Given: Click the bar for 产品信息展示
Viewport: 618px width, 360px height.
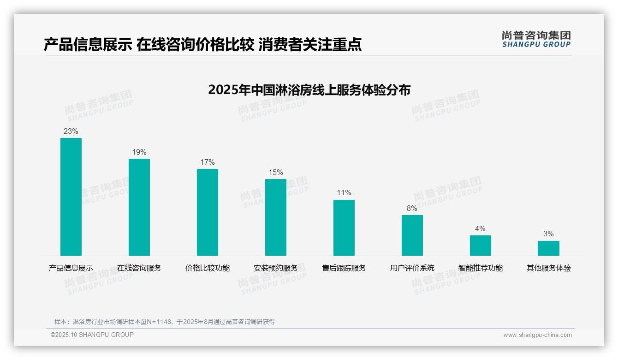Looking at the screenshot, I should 71,197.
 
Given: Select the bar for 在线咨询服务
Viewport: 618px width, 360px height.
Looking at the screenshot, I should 139,207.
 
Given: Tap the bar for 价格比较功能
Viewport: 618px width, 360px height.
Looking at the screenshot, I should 208,212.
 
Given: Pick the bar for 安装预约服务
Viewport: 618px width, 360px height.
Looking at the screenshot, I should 276,217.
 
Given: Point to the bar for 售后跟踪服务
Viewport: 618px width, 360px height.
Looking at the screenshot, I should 344,228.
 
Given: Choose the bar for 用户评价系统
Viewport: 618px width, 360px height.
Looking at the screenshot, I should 412,235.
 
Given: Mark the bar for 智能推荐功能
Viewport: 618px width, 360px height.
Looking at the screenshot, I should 481,246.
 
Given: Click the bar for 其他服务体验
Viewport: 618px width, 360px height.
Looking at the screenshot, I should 548,248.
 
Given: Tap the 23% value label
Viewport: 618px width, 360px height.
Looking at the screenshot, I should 71,132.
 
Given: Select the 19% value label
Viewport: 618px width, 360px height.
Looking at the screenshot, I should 139,152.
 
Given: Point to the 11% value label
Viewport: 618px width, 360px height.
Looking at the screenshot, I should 344,193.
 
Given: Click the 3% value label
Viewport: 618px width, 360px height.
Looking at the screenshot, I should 548,234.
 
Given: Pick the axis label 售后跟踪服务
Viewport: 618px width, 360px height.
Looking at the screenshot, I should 344,268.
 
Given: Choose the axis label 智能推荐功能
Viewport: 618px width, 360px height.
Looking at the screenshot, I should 481,268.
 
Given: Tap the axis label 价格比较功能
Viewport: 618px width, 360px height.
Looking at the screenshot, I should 208,268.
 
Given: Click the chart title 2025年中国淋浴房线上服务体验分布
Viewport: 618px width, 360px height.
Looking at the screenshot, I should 309,90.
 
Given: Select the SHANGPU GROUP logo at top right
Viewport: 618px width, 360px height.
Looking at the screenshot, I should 536,39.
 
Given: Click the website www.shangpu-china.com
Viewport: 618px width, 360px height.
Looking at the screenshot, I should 537,335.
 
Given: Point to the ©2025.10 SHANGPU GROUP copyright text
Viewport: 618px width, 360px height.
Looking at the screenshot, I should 92,335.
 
